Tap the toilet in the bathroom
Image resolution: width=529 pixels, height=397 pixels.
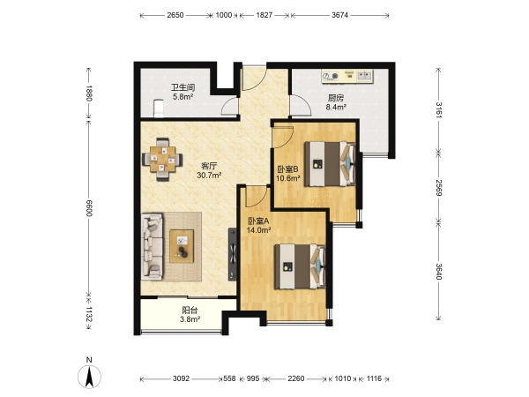pos(158,108)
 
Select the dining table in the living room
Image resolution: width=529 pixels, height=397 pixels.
pos(162,160)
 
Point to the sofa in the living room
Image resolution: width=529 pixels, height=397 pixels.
pos(153,246)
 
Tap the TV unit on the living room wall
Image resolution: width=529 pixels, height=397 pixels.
pos(233,254)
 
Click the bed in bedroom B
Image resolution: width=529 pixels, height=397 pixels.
pos(330,164)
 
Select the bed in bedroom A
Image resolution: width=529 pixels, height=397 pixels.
pos(300,266)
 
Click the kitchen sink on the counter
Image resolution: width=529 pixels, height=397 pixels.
pos(363,75)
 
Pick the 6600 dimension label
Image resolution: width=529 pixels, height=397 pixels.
pos(89,207)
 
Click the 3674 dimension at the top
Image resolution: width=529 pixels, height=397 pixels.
pos(339,15)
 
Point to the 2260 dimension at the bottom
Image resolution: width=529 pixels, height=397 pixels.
pos(296,378)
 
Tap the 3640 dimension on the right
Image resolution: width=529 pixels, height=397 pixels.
pos(438,271)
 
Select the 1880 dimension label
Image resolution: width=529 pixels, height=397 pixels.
pos(89,94)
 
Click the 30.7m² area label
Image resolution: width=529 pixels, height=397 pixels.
pos(209,176)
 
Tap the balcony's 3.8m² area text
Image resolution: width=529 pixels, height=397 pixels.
pos(190,319)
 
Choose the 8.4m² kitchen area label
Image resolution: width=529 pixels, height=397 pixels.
pos(336,108)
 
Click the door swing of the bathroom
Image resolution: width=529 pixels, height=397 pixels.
pos(229,107)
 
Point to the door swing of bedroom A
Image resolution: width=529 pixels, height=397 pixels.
pos(256,197)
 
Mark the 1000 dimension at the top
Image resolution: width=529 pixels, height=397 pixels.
pos(224,15)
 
